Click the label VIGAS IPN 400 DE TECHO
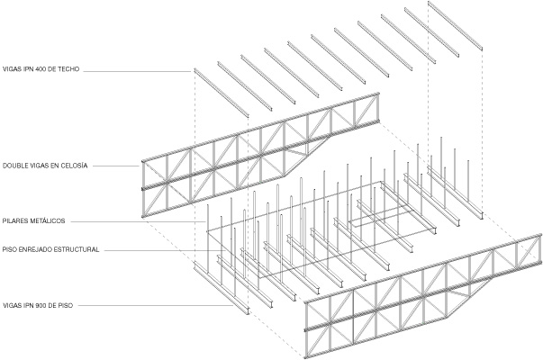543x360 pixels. tap(41, 69)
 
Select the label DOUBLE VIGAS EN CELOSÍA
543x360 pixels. tap(45, 166)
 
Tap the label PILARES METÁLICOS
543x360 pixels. tap(33, 220)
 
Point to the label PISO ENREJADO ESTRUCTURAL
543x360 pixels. tap(51, 249)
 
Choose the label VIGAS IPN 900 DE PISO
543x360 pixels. tap(38, 306)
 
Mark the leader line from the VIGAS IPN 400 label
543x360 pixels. tap(137, 72)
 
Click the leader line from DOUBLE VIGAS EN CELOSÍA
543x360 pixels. tap(116, 166)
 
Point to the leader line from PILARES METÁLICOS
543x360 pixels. tap(139, 221)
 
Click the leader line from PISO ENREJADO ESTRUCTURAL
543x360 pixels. tap(163, 250)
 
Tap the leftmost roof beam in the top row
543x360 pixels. tap(222, 93)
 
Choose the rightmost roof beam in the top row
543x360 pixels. tap(455, 25)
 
